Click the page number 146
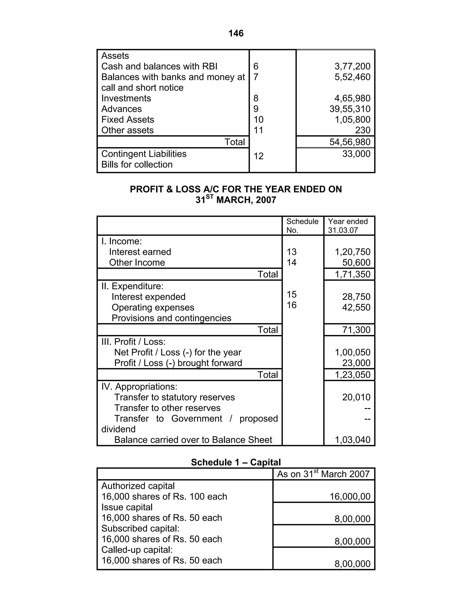tap(236, 33)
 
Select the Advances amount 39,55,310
tap(350, 109)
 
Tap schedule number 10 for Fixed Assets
tap(258, 119)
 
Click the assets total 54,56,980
tap(350, 142)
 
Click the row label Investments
tap(126, 98)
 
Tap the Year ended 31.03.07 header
tap(348, 225)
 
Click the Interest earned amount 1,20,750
tap(352, 252)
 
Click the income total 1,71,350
tap(352, 274)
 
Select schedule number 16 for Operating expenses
tap(291, 305)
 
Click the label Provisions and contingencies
tap(171, 318)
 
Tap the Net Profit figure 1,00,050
tap(352, 352)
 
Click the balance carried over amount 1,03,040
tap(352, 440)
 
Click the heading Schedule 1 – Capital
tap(236, 462)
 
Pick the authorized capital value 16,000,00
tap(350, 496)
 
